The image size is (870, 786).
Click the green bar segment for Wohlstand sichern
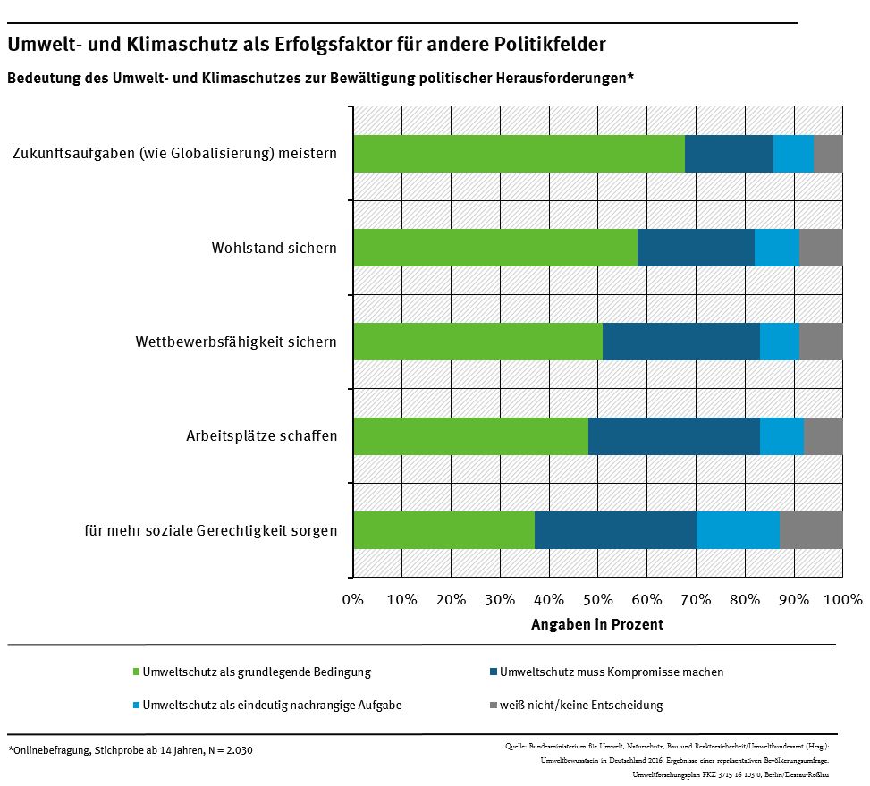[x=495, y=248]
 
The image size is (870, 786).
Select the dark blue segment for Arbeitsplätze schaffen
[x=673, y=436]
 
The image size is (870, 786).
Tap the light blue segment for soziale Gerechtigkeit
[x=737, y=530]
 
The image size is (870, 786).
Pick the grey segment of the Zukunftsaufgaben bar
[x=828, y=154]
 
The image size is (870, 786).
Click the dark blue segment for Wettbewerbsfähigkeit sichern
[x=680, y=342]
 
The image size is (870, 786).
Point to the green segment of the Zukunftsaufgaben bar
[x=519, y=154]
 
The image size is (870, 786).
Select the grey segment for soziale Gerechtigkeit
[x=811, y=530]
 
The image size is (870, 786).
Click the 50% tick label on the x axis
[x=597, y=599]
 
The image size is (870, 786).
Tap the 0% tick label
[x=353, y=599]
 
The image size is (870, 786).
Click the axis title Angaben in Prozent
[x=597, y=625]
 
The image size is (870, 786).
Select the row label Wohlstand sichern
[x=274, y=248]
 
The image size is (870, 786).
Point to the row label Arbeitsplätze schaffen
[x=261, y=436]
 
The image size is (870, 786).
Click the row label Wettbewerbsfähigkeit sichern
[x=236, y=342]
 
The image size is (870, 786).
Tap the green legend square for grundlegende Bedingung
[x=136, y=672]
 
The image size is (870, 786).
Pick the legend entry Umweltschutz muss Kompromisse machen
[x=612, y=672]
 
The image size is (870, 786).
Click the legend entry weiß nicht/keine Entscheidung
[x=581, y=705]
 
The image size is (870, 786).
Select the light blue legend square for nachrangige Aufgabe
[x=136, y=706]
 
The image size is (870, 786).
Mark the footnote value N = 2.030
[x=230, y=750]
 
